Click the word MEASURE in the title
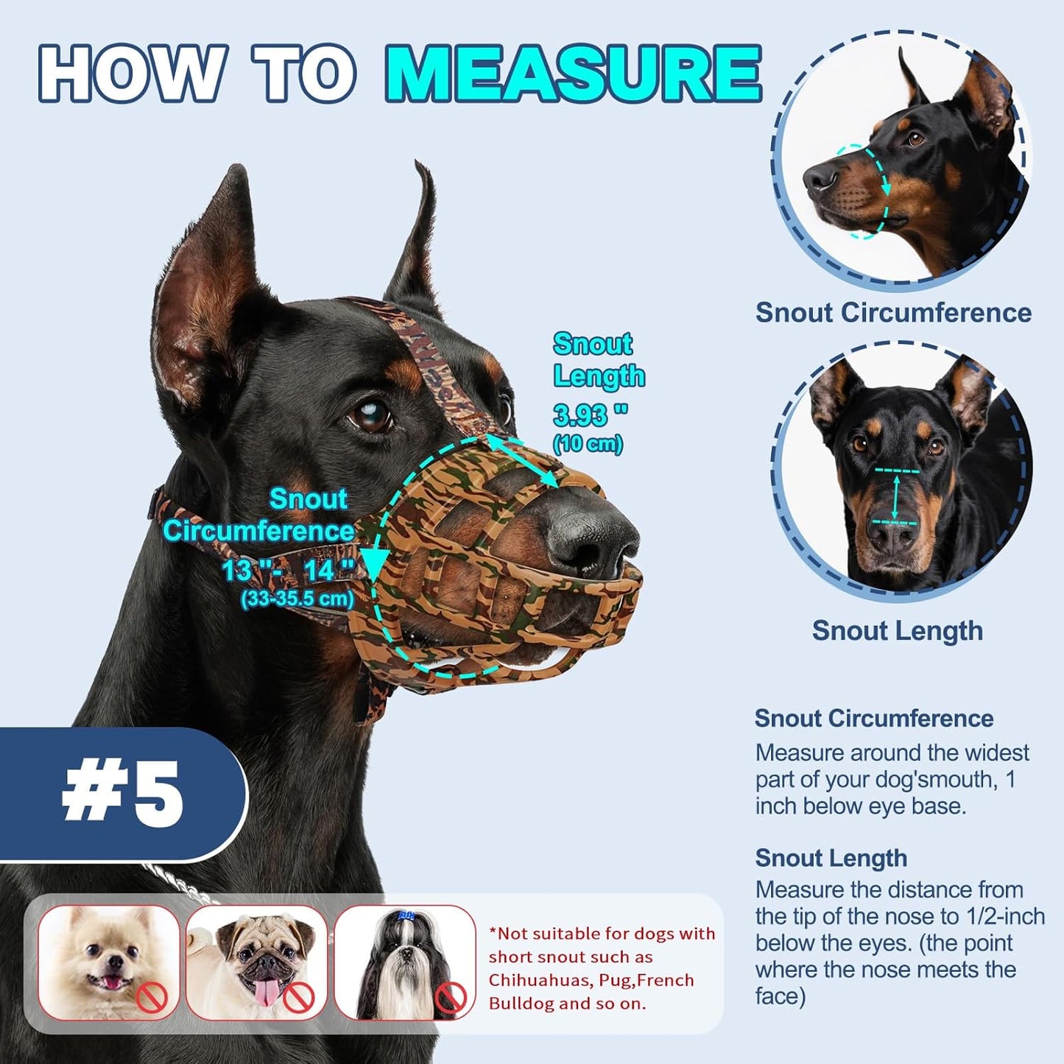click(574, 74)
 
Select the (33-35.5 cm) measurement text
click(297, 599)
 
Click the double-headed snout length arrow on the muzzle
click(525, 460)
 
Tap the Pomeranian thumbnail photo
click(109, 962)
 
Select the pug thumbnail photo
click(256, 962)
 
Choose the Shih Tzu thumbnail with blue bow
click(405, 962)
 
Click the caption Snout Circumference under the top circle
click(893, 312)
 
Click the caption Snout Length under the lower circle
click(897, 631)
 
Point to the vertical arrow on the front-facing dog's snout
click(895, 497)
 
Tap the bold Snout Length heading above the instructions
click(831, 858)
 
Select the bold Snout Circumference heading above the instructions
click(874, 718)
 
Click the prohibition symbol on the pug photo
click(300, 998)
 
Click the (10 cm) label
click(588, 443)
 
